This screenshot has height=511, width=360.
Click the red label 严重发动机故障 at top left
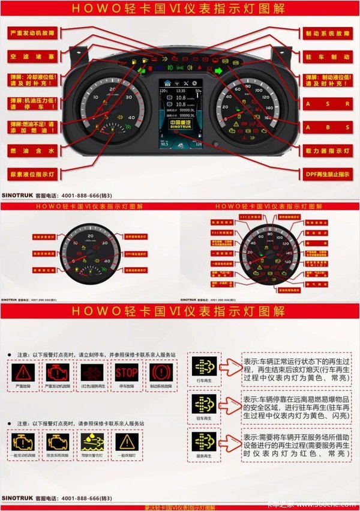(x=33, y=33)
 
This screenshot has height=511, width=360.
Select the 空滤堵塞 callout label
(x=33, y=55)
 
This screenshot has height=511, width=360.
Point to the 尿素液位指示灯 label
(x=33, y=174)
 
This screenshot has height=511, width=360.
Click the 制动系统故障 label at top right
(x=327, y=33)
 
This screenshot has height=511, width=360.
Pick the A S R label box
(x=327, y=103)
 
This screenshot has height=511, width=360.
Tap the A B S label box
(x=327, y=127)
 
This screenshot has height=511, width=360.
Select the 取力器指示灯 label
(x=327, y=150)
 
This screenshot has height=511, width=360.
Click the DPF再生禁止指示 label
(x=327, y=174)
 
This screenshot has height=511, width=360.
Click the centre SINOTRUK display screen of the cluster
(x=180, y=114)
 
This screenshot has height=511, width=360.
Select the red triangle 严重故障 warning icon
(x=24, y=373)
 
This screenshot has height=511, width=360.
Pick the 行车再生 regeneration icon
(x=203, y=365)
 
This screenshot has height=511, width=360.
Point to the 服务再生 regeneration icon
(x=203, y=441)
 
